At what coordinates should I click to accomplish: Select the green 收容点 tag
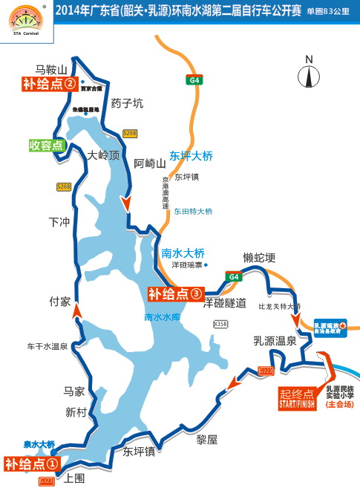[46, 145]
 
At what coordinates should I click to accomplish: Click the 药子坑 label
[126, 103]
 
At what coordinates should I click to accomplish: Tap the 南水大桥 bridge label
[183, 253]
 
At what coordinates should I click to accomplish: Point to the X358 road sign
[220, 324]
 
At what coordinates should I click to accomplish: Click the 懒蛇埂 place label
[259, 258]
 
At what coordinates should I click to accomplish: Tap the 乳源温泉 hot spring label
[275, 341]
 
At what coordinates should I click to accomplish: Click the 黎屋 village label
[207, 440]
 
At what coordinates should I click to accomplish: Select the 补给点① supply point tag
[31, 463]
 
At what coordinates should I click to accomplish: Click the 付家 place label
[59, 302]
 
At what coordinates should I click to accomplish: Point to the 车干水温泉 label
[47, 346]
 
